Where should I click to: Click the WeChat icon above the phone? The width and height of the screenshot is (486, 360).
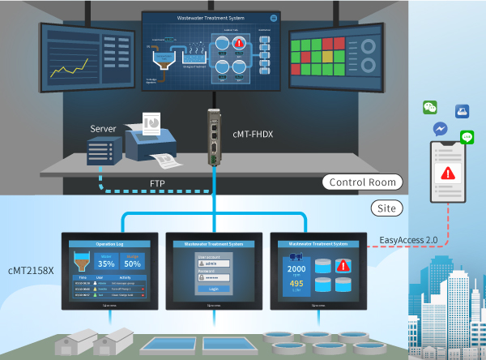pyautogui.click(x=429, y=108)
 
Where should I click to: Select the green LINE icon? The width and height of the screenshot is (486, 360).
pyautogui.click(x=467, y=137)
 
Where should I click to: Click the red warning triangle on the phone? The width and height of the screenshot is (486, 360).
pyautogui.click(x=447, y=174)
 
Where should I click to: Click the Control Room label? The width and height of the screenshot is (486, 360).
pyautogui.click(x=362, y=182)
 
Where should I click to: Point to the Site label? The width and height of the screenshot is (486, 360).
pyautogui.click(x=388, y=208)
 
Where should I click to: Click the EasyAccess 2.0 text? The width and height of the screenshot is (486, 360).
pyautogui.click(x=410, y=240)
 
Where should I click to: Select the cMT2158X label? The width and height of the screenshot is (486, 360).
pyautogui.click(x=31, y=269)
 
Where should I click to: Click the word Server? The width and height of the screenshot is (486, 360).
pyautogui.click(x=103, y=129)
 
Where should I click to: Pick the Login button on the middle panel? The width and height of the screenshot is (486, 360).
pyautogui.click(x=214, y=288)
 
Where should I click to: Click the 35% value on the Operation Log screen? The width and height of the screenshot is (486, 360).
pyautogui.click(x=106, y=264)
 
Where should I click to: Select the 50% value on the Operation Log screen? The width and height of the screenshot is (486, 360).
pyautogui.click(x=133, y=264)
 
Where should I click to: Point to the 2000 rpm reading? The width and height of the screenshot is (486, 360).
pyautogui.click(x=296, y=269)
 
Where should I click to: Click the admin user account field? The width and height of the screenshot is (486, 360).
pyautogui.click(x=214, y=263)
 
